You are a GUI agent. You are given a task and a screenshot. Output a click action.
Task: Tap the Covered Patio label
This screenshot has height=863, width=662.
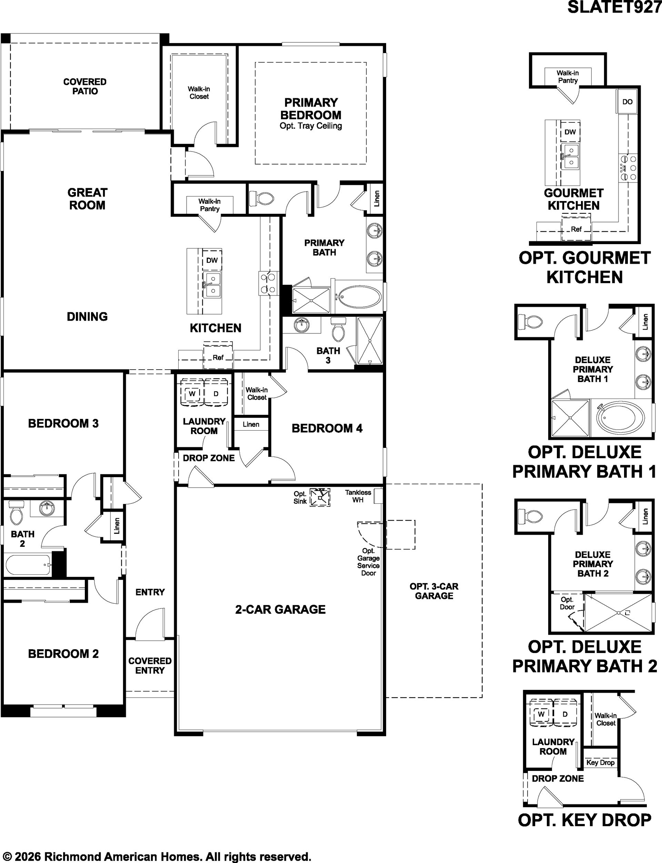point(85,86)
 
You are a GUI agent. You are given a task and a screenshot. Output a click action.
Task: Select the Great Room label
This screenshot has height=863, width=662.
point(87,199)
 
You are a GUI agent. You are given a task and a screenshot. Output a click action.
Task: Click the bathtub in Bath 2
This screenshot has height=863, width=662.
point(27,565)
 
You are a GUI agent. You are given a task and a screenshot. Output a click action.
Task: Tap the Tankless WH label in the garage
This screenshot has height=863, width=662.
point(358,496)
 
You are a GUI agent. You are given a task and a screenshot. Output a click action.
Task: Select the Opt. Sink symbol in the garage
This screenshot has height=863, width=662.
point(320,497)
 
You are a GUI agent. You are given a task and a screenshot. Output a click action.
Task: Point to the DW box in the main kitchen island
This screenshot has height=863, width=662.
point(212,260)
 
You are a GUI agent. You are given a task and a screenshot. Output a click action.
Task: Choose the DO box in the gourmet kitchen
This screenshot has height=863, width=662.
point(627,102)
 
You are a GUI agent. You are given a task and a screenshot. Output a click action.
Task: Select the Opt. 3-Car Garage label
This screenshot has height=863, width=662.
point(434,591)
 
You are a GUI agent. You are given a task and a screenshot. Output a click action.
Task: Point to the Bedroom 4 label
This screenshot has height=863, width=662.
point(327,428)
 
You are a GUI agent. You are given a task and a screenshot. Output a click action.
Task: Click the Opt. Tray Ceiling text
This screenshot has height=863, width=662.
point(311,126)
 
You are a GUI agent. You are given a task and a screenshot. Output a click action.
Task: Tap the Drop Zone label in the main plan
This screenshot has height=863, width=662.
point(209,458)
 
